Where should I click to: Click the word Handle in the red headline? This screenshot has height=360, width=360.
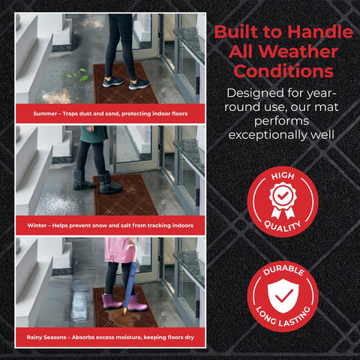[320, 31]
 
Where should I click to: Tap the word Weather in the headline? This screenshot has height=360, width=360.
[298, 52]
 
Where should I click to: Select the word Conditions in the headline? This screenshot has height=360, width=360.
[283, 71]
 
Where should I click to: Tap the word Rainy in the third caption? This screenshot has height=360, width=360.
[34, 337]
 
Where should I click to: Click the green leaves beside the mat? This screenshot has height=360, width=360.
[76, 75]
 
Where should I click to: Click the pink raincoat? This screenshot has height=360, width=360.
[119, 250]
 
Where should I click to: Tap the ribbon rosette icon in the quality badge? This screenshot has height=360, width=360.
[283, 200]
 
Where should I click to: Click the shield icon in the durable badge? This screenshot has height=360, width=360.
[283, 295]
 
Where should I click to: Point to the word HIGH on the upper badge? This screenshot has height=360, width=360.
[283, 176]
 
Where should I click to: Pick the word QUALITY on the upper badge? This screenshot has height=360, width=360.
[283, 226]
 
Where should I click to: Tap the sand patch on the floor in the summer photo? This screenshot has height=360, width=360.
[56, 96]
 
